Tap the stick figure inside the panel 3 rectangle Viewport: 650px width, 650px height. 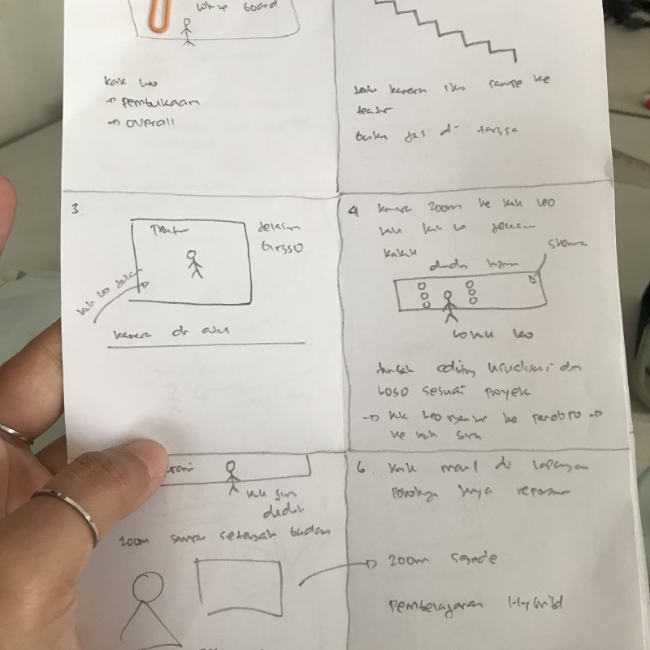pos(193,263)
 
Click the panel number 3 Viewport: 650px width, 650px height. pos(76,209)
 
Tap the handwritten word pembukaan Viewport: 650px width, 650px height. pos(158,102)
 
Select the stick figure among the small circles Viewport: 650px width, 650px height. pos(447,301)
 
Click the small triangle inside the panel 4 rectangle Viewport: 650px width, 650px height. pos(532,279)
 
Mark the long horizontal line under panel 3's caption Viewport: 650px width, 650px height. pos(207,344)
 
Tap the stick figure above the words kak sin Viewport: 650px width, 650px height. pos(232,476)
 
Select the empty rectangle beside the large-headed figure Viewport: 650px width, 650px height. pos(240,587)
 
